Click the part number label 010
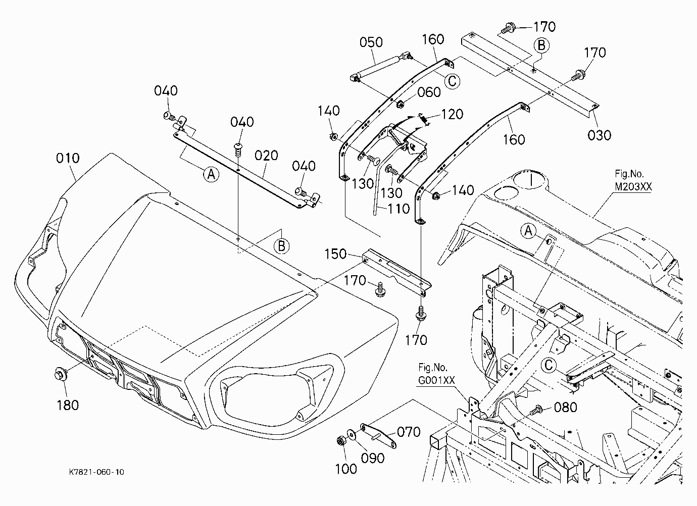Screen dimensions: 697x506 point(68,158)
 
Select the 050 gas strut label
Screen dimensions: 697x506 point(371,42)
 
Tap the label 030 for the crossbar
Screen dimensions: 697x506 point(600,135)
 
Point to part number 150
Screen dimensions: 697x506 point(335,254)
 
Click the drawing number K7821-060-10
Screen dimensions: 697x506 point(96,472)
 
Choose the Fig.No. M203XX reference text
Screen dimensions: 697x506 point(633,180)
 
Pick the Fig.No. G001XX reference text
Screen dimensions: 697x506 point(436,374)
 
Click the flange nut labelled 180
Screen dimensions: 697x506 point(61,374)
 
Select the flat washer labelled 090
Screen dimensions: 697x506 point(353,434)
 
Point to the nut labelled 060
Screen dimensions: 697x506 point(400,104)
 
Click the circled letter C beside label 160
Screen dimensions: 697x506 point(452,81)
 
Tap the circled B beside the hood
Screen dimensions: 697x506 point(281,246)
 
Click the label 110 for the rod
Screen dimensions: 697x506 point(399,209)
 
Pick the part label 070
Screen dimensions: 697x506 point(409,432)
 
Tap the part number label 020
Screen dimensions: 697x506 point(266,156)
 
